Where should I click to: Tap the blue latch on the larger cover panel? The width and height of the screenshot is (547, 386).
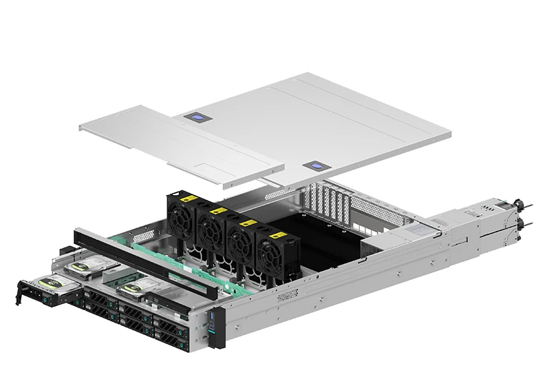point(315,166)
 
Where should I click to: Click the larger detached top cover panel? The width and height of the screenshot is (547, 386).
point(344,124)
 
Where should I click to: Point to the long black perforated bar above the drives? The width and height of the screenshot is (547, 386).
point(138,258)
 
